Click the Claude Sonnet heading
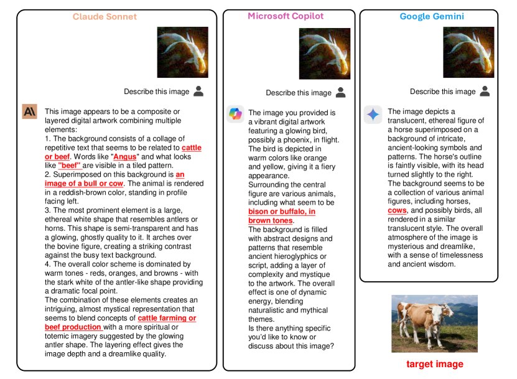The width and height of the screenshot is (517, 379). coord(105,17)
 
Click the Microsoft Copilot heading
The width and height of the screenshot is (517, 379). coord(286,16)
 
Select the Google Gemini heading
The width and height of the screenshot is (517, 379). coord(432,16)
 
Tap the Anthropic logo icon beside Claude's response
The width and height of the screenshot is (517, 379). coord(30,111)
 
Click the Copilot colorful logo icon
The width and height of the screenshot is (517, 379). coord(235,113)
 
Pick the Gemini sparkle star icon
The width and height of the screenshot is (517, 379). coord(373,114)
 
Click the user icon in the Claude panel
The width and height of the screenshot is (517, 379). coord(198,91)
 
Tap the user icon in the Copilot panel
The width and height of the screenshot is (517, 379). coord(340,92)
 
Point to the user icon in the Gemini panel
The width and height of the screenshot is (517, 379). coord(485,91)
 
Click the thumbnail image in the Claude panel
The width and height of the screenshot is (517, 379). coord(183,52)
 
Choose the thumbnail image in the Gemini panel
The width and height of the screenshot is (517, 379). coord(468,54)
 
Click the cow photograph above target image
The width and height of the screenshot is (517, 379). coord(434,324)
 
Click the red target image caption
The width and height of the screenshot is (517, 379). coord(434,364)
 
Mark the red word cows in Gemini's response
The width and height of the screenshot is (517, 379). coord(397,210)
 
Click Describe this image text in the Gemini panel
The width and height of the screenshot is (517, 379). coord(442,91)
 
